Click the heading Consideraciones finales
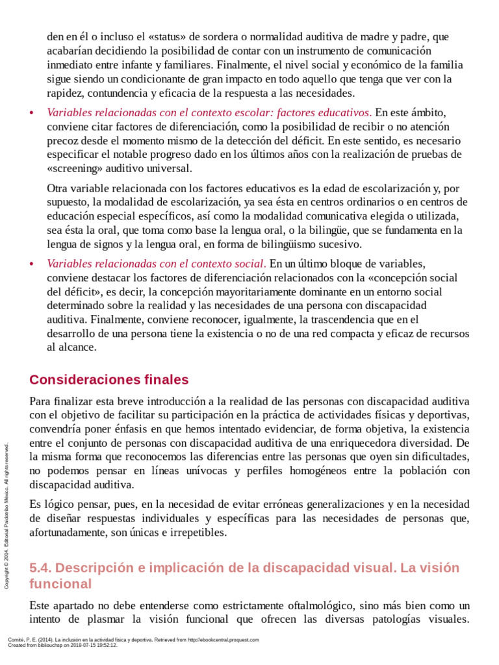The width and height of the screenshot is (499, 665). pos(109,379)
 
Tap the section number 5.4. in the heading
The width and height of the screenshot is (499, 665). pos(43,567)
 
